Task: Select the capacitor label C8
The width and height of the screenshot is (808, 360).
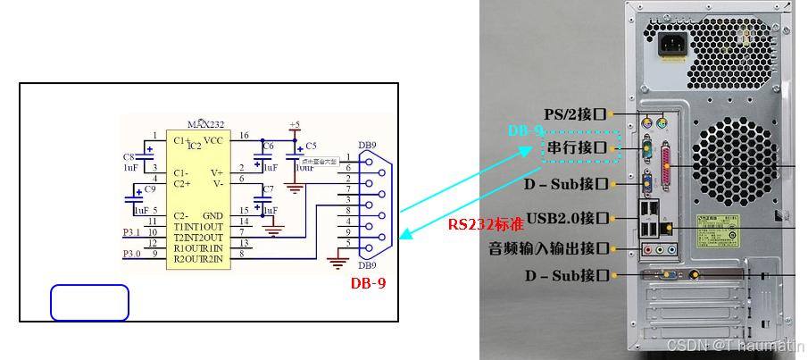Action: coord(129,156)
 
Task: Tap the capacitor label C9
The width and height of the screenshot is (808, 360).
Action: coord(150,189)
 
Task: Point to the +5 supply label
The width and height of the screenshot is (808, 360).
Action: coord(295,124)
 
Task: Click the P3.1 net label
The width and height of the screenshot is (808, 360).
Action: coord(131,232)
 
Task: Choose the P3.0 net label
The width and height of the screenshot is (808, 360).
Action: coord(131,255)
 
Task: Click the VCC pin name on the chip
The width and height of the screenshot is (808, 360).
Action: coord(213,141)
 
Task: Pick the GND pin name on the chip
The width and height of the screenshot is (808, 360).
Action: coord(212,216)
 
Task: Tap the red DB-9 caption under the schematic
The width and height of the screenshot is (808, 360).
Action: coord(367,283)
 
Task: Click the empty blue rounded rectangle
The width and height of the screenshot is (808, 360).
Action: coord(89,303)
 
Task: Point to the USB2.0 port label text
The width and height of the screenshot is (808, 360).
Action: coord(566,217)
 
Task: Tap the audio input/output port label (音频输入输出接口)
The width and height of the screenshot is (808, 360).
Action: coord(548,247)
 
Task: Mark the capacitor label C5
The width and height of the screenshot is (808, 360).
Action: coord(311,146)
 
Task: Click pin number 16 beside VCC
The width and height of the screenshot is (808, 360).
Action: coord(245,136)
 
